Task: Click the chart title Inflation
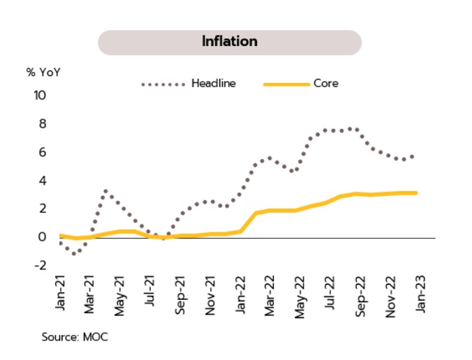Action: click(x=230, y=41)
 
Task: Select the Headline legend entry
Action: click(x=213, y=83)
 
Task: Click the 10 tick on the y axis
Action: click(x=39, y=95)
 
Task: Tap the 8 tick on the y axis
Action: click(x=42, y=123)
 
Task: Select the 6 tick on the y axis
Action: click(x=42, y=152)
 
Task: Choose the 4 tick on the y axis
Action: click(x=42, y=181)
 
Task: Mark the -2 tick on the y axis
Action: click(x=40, y=266)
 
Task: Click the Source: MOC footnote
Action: click(x=75, y=337)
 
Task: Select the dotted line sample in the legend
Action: click(x=163, y=84)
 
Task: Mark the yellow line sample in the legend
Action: click(x=286, y=84)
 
